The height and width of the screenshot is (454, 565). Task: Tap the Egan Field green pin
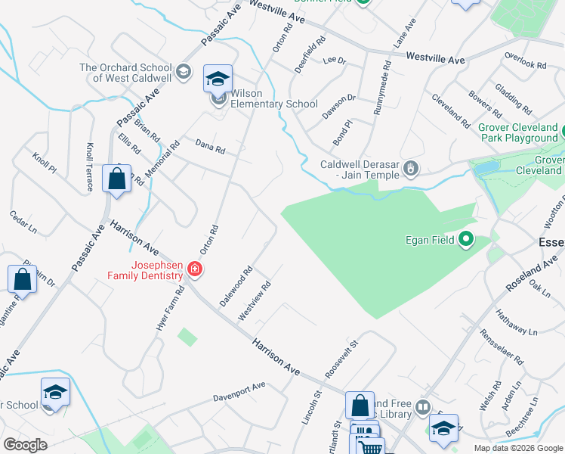pyautogui.click(x=466, y=240)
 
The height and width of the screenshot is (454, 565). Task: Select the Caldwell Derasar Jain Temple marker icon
pyautogui.click(x=411, y=168)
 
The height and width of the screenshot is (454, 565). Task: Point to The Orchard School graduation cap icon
pyautogui.click(x=183, y=72)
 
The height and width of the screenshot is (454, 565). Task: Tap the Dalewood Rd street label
pyautogui.click(x=239, y=282)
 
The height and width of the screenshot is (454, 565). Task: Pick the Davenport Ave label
pyautogui.click(x=239, y=390)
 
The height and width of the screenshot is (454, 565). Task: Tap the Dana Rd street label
pyautogui.click(x=211, y=149)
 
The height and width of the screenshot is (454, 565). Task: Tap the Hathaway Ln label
pyautogui.click(x=515, y=322)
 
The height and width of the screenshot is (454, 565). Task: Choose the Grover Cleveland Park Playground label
pyautogui.click(x=518, y=132)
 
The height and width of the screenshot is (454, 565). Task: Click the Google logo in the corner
pyautogui.click(x=25, y=445)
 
